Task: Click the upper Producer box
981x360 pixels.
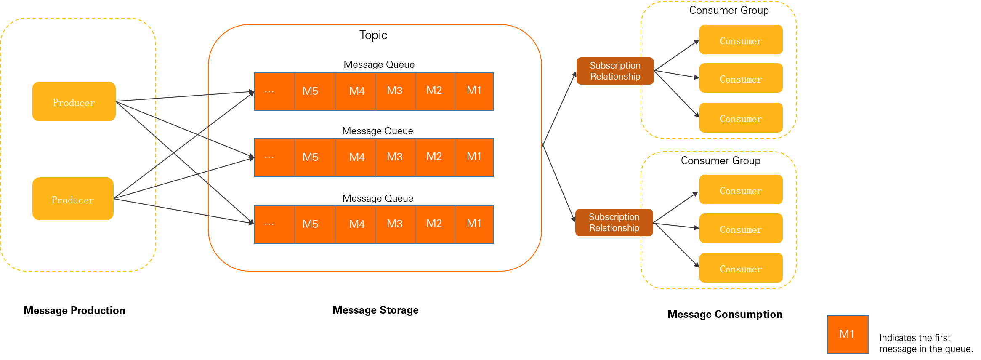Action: click(x=74, y=101)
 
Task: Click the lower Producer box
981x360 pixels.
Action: click(x=73, y=199)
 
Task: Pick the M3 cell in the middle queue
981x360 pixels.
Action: click(x=395, y=157)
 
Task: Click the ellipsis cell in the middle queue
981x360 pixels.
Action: click(x=274, y=157)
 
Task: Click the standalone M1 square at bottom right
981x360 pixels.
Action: click(x=848, y=334)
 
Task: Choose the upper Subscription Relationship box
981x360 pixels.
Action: click(x=615, y=71)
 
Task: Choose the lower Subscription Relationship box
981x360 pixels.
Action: click(x=614, y=222)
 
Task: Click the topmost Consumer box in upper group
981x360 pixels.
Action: click(x=741, y=40)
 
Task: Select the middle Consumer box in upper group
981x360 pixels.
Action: click(x=741, y=78)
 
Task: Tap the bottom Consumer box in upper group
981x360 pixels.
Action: click(x=741, y=117)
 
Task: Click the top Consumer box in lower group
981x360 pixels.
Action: click(x=741, y=189)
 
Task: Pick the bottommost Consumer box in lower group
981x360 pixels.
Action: click(x=741, y=268)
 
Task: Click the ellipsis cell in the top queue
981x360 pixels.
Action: click(x=274, y=91)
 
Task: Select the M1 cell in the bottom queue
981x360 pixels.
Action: click(x=474, y=224)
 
